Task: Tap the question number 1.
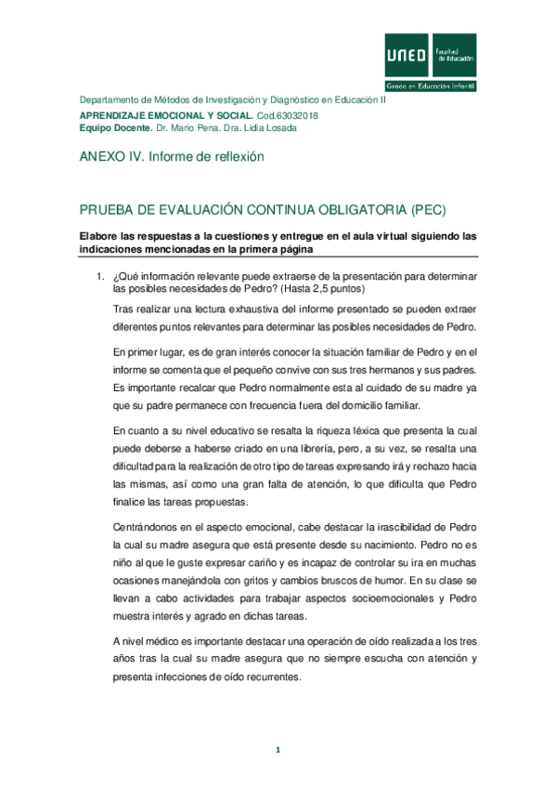101,277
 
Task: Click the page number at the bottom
278,749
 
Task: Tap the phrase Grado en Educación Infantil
431,86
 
